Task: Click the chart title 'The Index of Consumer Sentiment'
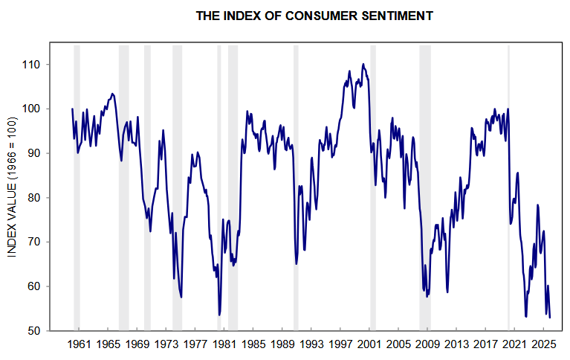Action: point(314,15)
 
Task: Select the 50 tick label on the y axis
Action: point(33,331)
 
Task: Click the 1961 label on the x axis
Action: point(79,345)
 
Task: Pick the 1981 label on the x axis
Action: point(224,345)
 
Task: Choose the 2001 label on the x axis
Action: point(369,345)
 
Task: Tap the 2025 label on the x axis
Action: point(543,345)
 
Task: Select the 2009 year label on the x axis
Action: point(427,345)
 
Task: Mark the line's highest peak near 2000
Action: point(363,64)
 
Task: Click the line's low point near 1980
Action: point(219,315)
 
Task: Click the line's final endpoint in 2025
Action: point(550,318)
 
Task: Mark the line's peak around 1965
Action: point(112,94)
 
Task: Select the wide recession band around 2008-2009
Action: point(425,186)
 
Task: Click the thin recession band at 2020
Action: point(508,186)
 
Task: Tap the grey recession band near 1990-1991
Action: point(296,186)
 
